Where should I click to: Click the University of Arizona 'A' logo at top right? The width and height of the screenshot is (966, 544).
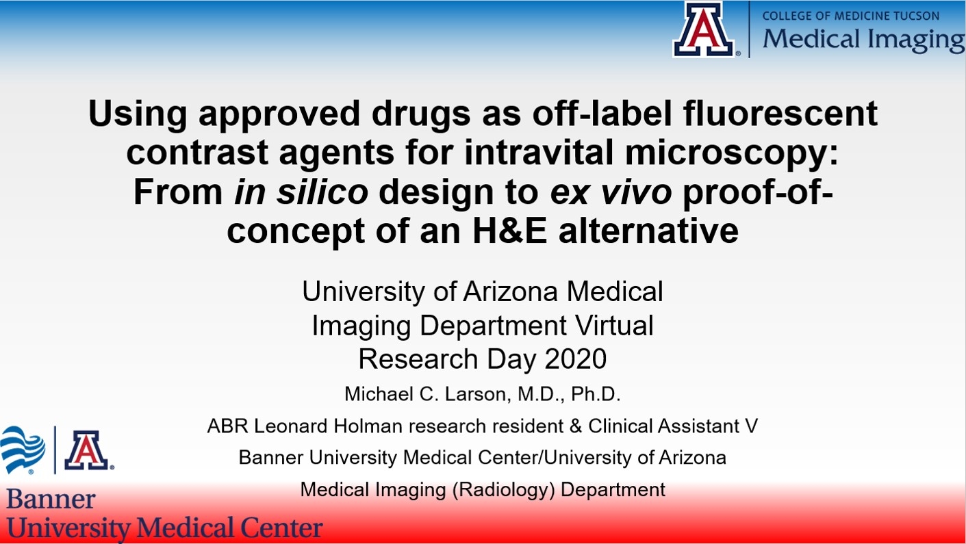704,29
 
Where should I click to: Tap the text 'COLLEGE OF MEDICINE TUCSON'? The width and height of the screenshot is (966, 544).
851,16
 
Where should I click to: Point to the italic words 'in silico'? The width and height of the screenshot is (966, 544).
301,192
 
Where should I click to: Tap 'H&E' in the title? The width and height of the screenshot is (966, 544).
510,231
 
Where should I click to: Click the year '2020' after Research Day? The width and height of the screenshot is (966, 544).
576,359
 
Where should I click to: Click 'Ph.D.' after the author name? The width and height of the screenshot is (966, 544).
596,394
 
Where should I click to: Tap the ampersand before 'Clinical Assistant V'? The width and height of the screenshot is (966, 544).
575,426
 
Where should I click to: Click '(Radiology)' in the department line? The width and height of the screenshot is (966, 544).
503,490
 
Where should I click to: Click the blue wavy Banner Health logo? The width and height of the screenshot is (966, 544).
23,450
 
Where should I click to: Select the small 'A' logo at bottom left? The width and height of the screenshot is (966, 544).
87,450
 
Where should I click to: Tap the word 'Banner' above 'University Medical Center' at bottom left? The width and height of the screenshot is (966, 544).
51,500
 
